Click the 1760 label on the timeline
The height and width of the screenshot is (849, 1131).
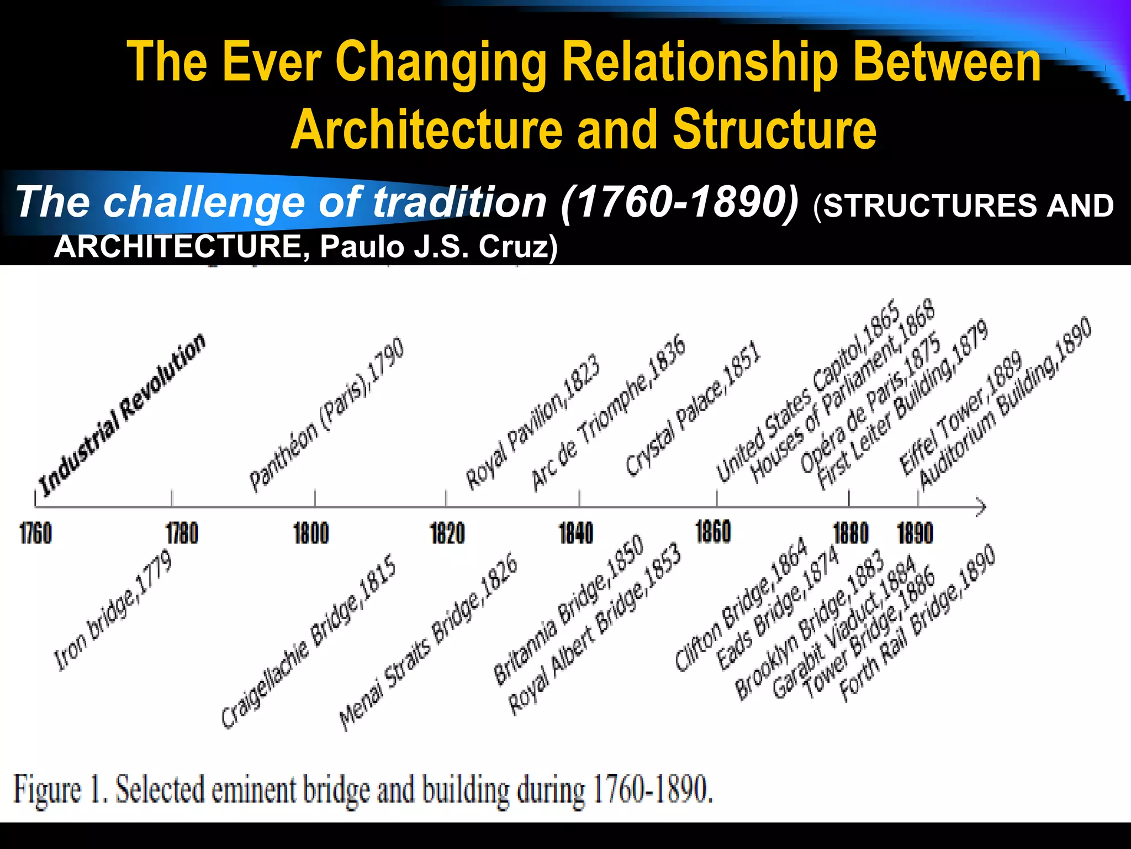pyautogui.click(x=35, y=534)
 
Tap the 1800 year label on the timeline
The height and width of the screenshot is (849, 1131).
pyautogui.click(x=311, y=534)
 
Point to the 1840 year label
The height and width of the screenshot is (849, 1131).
pyautogui.click(x=576, y=534)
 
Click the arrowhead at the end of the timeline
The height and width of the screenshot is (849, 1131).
pyautogui.click(x=980, y=507)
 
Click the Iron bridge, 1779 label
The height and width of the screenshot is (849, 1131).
pyautogui.click(x=113, y=611)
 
